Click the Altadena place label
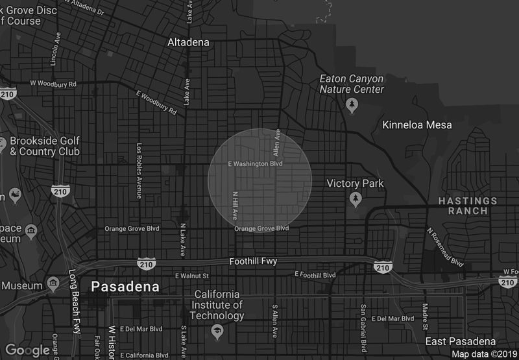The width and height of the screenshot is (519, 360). coord(188,43)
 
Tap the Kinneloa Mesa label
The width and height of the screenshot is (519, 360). coord(417,125)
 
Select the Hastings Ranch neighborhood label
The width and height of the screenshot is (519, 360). coord(467,206)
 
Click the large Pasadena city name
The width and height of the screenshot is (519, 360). coord(125,286)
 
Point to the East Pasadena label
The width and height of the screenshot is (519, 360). coord(461,341)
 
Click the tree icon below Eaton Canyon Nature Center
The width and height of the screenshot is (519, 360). coord(352,104)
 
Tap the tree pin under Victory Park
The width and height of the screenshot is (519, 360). coord(355,198)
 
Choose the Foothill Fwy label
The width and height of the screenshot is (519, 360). coord(254,261)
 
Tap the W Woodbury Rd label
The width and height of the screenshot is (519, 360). coord(54,84)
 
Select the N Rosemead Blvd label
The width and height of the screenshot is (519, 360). coord(445,247)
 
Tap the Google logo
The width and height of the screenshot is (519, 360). coord(29,350)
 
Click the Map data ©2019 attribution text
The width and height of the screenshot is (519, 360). coord(483,354)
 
